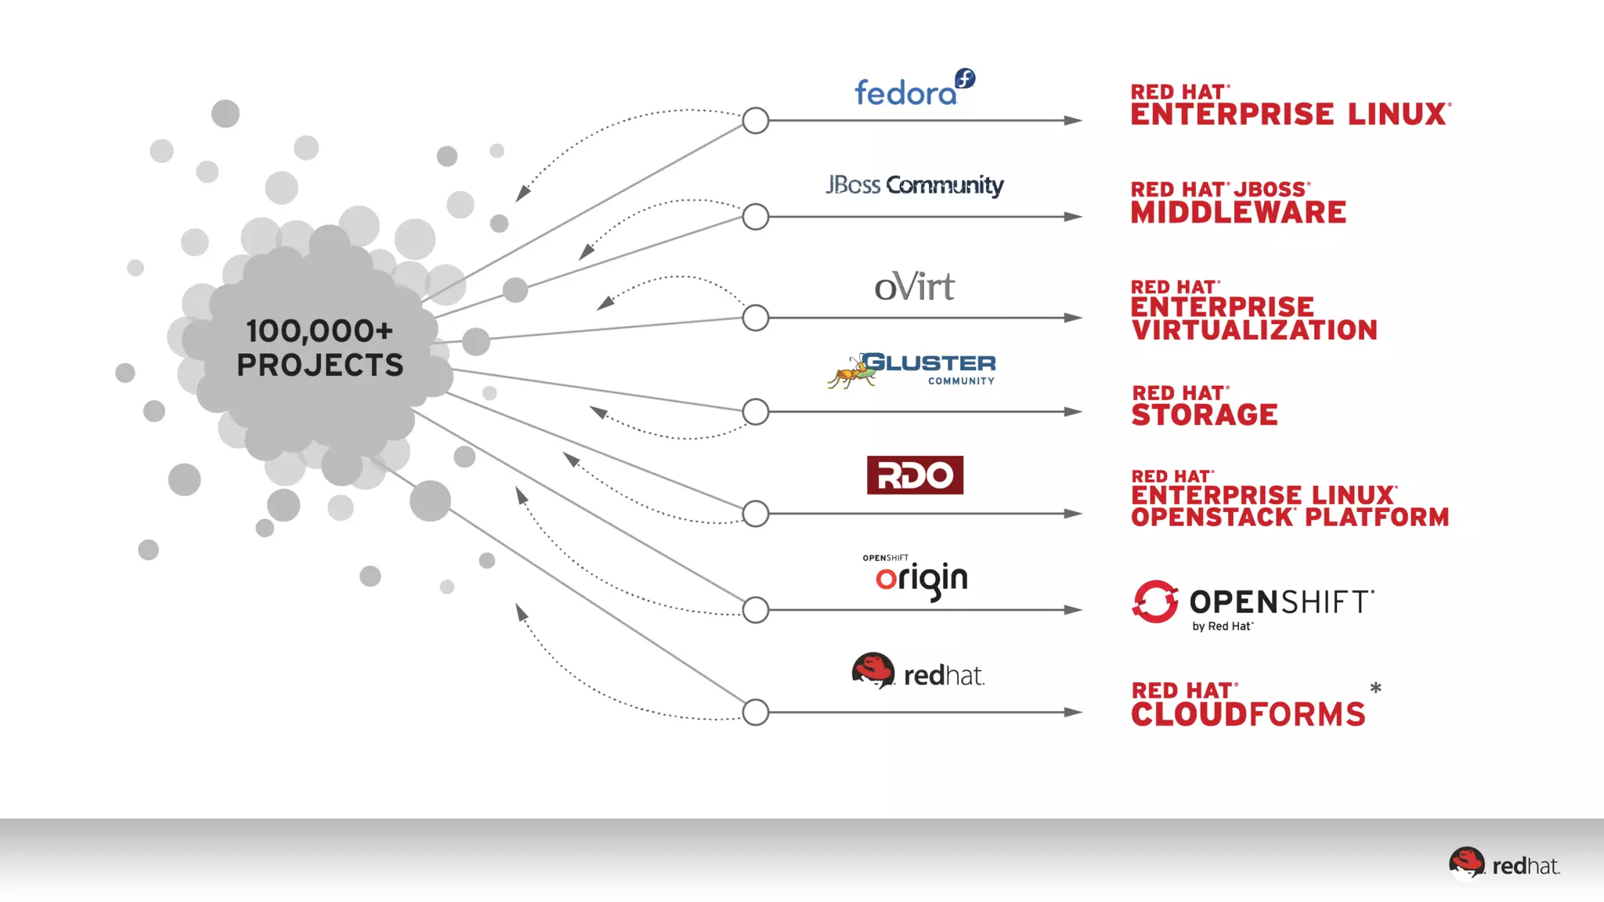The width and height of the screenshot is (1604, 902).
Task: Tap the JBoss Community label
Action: [914, 185]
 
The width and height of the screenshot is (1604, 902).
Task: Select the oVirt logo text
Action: [914, 287]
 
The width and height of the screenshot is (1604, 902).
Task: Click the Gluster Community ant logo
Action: [851, 371]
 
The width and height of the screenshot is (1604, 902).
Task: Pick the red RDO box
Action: [915, 475]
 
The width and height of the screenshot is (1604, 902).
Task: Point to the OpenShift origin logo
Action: [920, 579]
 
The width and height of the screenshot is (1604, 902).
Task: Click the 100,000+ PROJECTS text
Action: [320, 348]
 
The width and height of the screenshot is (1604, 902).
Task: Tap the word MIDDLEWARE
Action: [1238, 212]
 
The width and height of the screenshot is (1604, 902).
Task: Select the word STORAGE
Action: [1205, 414]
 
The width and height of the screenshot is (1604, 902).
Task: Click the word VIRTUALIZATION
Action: [1254, 330]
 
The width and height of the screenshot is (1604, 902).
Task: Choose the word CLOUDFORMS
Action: [1248, 714]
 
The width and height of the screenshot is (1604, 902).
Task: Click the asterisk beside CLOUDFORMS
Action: [1375, 689]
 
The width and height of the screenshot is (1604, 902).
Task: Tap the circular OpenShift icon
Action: [1155, 601]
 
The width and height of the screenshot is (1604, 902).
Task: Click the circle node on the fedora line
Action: [755, 121]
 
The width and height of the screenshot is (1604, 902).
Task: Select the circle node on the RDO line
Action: [755, 514]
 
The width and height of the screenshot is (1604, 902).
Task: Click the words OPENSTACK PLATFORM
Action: [1290, 518]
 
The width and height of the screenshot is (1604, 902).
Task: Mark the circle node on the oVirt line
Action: [755, 318]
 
